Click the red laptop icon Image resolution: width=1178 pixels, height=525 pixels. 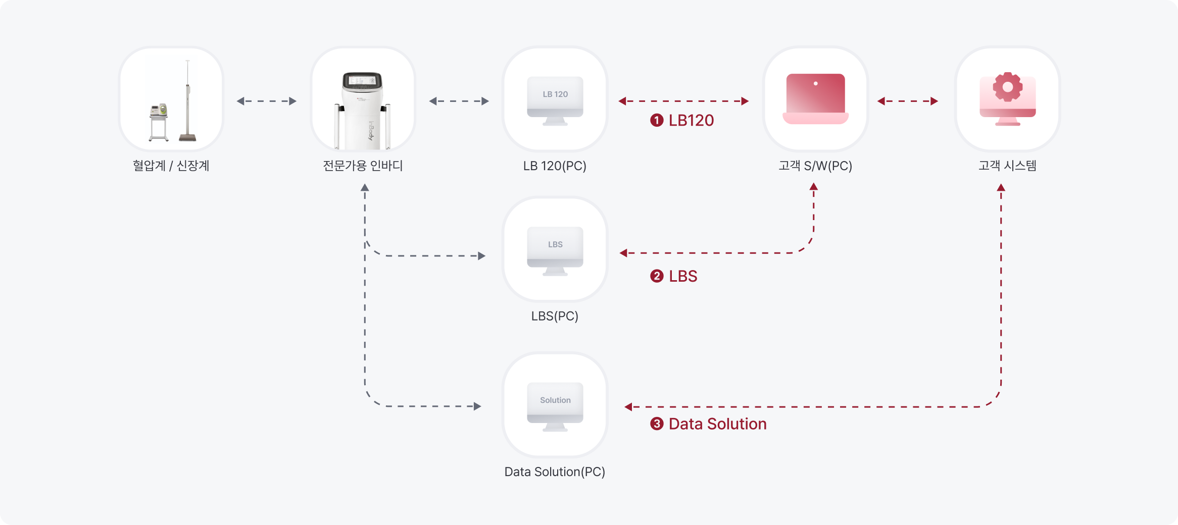815,99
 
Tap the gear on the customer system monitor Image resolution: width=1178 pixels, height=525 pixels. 1007,87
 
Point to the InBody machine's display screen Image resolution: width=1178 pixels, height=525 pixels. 362,80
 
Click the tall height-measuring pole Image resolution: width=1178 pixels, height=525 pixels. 187,101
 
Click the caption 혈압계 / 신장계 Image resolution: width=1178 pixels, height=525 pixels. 171,166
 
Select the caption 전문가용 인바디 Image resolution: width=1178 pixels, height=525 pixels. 363,166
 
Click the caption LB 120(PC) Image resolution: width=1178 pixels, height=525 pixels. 555,166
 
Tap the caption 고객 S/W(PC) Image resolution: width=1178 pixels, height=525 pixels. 815,166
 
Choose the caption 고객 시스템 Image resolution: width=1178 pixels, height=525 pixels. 1007,166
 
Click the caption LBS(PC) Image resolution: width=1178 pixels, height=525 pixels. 555,316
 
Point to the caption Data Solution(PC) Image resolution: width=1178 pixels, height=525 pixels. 555,471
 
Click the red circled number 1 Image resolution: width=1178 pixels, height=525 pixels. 656,120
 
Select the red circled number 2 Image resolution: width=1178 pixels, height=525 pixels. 656,276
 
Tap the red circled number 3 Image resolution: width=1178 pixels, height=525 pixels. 656,424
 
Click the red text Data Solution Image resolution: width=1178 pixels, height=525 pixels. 717,424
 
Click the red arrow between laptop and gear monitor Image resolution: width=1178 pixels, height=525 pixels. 908,101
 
